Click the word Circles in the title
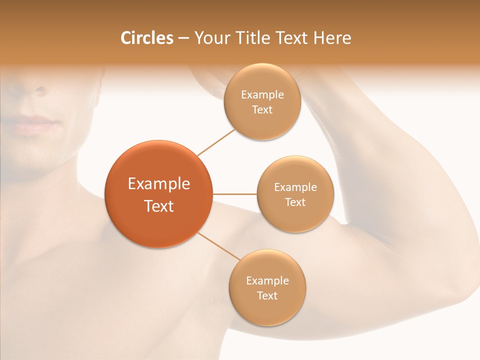[x=146, y=38]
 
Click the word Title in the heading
[x=250, y=38]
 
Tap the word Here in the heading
[x=332, y=38]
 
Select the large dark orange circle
[x=158, y=194]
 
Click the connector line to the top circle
[x=216, y=142]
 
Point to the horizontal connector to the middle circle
[x=234, y=194]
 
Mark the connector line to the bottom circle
[x=218, y=246]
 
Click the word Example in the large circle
[x=158, y=183]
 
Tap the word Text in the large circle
[x=158, y=206]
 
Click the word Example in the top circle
[x=262, y=95]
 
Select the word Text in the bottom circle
[x=267, y=296]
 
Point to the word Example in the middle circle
[x=295, y=187]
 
